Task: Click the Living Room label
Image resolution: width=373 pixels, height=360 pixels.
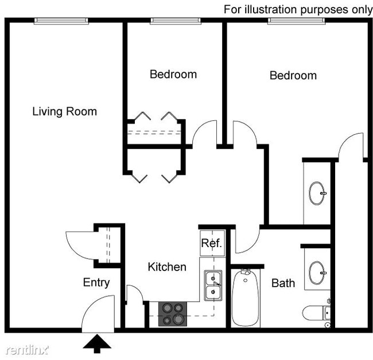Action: click(64, 111)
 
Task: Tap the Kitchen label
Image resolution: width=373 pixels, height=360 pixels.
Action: click(167, 267)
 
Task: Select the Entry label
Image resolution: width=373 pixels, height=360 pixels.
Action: click(96, 282)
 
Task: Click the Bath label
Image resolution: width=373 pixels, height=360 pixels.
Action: click(283, 283)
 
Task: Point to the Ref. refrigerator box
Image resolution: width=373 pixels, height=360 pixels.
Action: click(211, 243)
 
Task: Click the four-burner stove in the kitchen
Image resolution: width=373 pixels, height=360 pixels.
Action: click(174, 314)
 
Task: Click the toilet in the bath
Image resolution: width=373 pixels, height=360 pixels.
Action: click(317, 313)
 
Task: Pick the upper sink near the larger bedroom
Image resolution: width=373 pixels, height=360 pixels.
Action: click(317, 193)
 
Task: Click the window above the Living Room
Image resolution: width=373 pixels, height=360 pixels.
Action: click(61, 21)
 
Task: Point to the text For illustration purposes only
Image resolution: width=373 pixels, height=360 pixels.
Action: click(298, 9)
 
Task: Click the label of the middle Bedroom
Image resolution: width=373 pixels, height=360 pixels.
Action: click(173, 74)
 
